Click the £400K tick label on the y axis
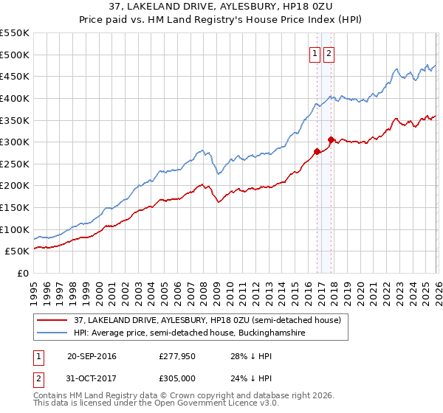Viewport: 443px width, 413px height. pyautogui.click(x=15, y=98)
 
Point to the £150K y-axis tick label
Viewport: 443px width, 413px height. pyautogui.click(x=15, y=208)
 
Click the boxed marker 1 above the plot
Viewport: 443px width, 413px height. pyautogui.click(x=315, y=52)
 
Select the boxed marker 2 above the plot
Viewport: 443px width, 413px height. pyautogui.click(x=329, y=52)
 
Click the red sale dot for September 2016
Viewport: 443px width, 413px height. pyautogui.click(x=317, y=151)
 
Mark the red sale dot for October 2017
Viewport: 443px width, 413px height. pyautogui.click(x=332, y=139)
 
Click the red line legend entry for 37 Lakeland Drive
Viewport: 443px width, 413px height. pyautogui.click(x=207, y=321)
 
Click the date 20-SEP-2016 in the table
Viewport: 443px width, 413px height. pyautogui.click(x=92, y=356)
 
